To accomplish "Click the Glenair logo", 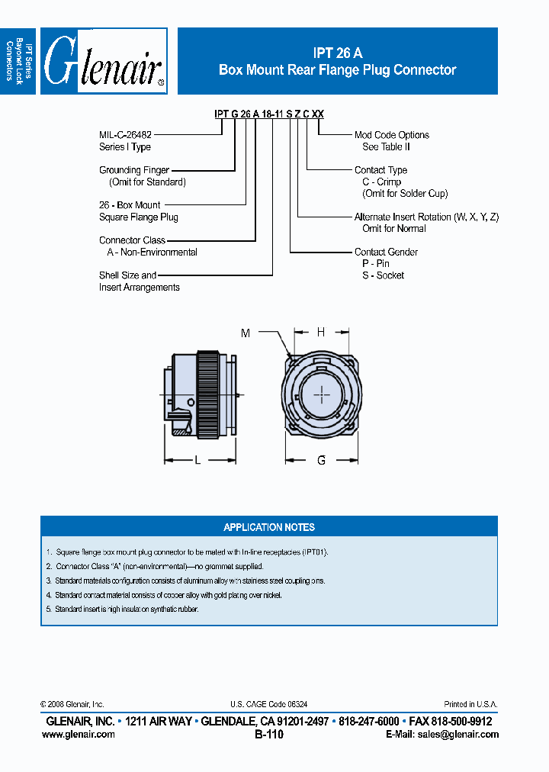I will pyautogui.click(x=104, y=62).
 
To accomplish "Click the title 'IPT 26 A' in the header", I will pyautogui.click(x=337, y=53).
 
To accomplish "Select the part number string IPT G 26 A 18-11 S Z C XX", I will pyautogui.click(x=269, y=114).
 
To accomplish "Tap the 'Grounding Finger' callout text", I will pyautogui.click(x=134, y=170).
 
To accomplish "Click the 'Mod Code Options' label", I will pyautogui.click(x=391, y=135).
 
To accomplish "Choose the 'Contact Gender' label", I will pyautogui.click(x=386, y=252).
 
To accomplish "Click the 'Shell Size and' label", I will pyautogui.click(x=127, y=275).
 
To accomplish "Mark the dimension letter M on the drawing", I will pyautogui.click(x=245, y=333).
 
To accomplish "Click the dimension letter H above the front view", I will pyautogui.click(x=321, y=332).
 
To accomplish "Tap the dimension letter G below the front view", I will pyautogui.click(x=321, y=460).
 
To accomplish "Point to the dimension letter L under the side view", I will pyautogui.click(x=197, y=460).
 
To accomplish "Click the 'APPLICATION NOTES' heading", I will pyautogui.click(x=268, y=527).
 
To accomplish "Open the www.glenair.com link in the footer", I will pyautogui.click(x=78, y=735).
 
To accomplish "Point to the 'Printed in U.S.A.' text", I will pyautogui.click(x=471, y=705).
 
